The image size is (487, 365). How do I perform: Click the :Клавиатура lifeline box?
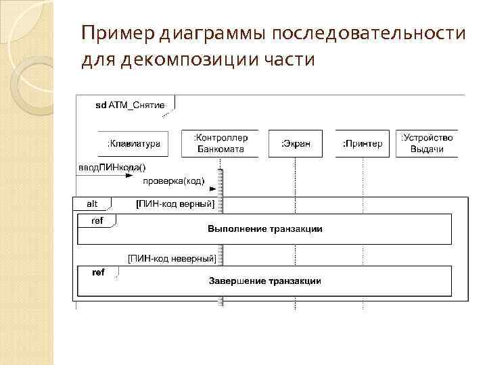(133, 143)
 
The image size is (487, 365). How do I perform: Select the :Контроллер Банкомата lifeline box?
(220, 143)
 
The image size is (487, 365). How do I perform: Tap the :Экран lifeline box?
(296, 143)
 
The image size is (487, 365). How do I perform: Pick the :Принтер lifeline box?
(362, 143)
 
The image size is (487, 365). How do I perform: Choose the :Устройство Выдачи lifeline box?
(427, 143)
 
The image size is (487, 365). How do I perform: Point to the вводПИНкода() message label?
(112, 167)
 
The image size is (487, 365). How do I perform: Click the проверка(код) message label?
(173, 181)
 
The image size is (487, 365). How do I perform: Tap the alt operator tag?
(92, 203)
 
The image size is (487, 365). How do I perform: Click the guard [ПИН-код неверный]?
(172, 258)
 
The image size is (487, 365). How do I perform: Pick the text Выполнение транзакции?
(264, 229)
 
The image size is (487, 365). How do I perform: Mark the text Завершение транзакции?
(264, 281)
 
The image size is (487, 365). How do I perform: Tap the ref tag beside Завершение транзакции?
(98, 272)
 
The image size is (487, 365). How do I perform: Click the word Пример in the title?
(118, 33)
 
